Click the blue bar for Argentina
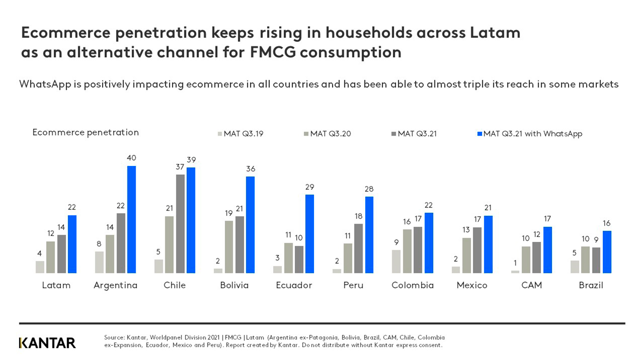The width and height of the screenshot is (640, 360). click(131, 220)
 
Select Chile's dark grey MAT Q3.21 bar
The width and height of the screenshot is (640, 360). click(180, 224)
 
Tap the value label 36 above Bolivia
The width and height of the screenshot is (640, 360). click(250, 169)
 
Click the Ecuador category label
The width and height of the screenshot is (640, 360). click(294, 285)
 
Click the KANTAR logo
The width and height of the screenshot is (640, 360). click(47, 343)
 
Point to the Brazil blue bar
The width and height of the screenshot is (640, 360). click(607, 252)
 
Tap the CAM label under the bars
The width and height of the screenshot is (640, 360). click(531, 285)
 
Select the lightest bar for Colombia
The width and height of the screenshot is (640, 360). click(396, 261)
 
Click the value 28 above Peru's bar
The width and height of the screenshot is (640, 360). click(369, 189)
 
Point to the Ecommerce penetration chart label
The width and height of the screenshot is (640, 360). click(85, 132)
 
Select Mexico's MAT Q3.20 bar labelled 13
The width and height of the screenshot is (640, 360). click(466, 255)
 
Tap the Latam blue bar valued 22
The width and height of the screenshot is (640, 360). click(72, 244)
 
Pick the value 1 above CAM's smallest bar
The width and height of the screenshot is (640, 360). click(515, 263)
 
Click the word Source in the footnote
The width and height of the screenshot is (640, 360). click(114, 337)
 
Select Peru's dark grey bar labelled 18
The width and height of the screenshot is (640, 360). click(358, 249)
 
